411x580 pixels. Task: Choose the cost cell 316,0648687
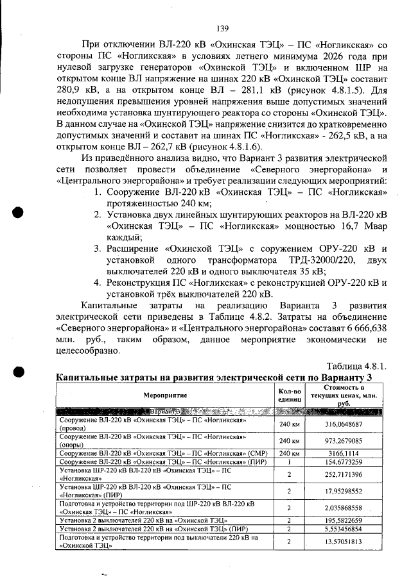tap(342, 424)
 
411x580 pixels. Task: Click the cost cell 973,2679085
tap(342, 440)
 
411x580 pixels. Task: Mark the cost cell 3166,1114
tap(342, 453)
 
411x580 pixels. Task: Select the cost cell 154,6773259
tap(342, 461)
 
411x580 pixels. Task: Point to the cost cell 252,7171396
tap(342, 474)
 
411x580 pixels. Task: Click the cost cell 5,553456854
tap(342, 529)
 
